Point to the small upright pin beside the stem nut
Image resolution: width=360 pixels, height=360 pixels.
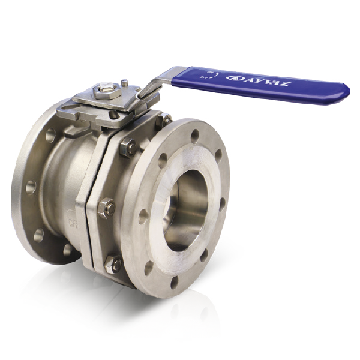pos(124,83)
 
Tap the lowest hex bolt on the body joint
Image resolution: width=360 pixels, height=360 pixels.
pos(112,262)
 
